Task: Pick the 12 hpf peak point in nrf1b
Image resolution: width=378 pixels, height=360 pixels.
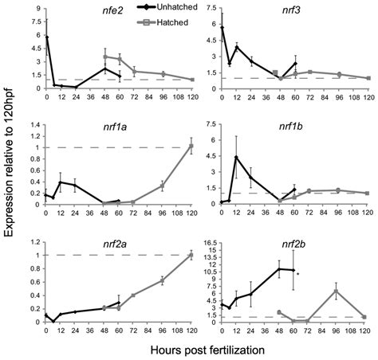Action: coord(237,156)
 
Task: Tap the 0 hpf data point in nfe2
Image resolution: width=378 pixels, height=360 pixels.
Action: coord(46,37)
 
